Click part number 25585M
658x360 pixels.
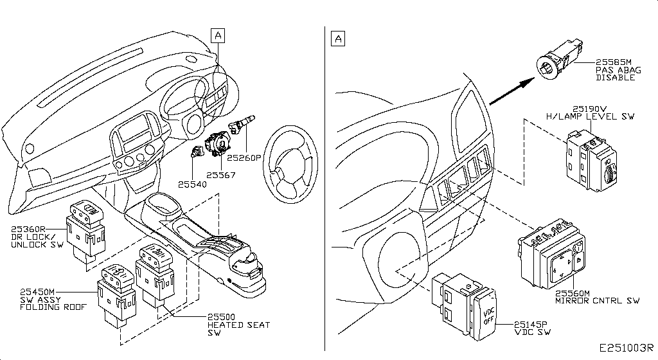pyautogui.click(x=613, y=62)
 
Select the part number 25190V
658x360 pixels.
pyautogui.click(x=590, y=109)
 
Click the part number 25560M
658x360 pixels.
pyautogui.click(x=573, y=294)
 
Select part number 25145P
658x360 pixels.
pyautogui.click(x=531, y=325)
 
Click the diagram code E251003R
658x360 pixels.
pyautogui.click(x=626, y=348)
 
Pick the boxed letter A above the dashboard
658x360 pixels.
pyautogui.click(x=218, y=35)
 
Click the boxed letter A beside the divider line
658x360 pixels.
pyautogui.click(x=338, y=39)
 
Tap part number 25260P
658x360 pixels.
pyautogui.click(x=244, y=158)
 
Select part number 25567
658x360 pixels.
pyautogui.click(x=221, y=175)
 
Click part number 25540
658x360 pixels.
pyautogui.click(x=192, y=184)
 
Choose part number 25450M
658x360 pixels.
pyautogui.click(x=37, y=292)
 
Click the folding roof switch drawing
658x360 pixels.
pyautogui.click(x=117, y=296)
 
